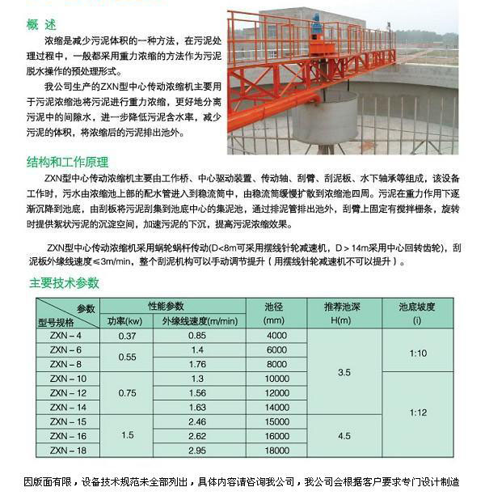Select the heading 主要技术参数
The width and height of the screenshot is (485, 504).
pyautogui.click(x=65, y=282)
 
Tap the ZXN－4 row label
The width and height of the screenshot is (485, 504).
pyautogui.click(x=66, y=335)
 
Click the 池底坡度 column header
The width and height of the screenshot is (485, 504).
pyautogui.click(x=417, y=307)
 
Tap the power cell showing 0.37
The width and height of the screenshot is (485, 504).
pyautogui.click(x=127, y=335)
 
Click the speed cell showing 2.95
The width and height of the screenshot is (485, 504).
pyautogui.click(x=196, y=450)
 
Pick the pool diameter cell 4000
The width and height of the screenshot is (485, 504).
pyautogui.click(x=276, y=335)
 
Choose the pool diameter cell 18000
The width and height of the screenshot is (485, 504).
pyautogui.click(x=276, y=450)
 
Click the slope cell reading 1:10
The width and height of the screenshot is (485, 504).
pyautogui.click(x=417, y=354)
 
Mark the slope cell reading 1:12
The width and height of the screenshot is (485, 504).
pyautogui.click(x=417, y=413)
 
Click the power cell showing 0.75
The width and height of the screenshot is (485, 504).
pyautogui.click(x=127, y=392)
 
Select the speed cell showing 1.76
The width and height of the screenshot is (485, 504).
pyautogui.click(x=196, y=364)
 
